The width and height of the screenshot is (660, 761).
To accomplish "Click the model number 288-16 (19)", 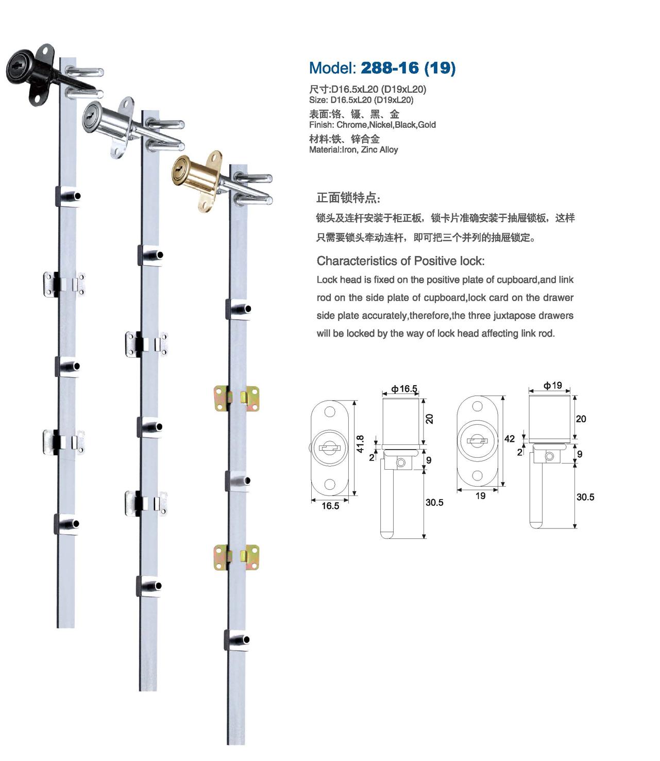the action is point(408,68).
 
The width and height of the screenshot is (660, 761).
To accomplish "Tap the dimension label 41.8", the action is point(360,444).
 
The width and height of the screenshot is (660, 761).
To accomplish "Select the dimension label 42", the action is point(509,439).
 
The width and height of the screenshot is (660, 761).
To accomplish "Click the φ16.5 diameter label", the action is point(404,388).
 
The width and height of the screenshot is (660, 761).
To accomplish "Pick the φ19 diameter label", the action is point(552,385).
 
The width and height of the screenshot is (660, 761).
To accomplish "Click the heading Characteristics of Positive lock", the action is point(400,261).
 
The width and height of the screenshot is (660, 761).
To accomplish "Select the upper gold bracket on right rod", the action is point(236,399).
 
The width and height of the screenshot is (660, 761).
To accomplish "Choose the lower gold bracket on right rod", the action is point(236,557).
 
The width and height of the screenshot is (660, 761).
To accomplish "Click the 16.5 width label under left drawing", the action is point(330,505).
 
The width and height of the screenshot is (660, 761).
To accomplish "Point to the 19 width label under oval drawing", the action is point(480,495).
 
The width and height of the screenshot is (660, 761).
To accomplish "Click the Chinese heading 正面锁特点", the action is point(348,197).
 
